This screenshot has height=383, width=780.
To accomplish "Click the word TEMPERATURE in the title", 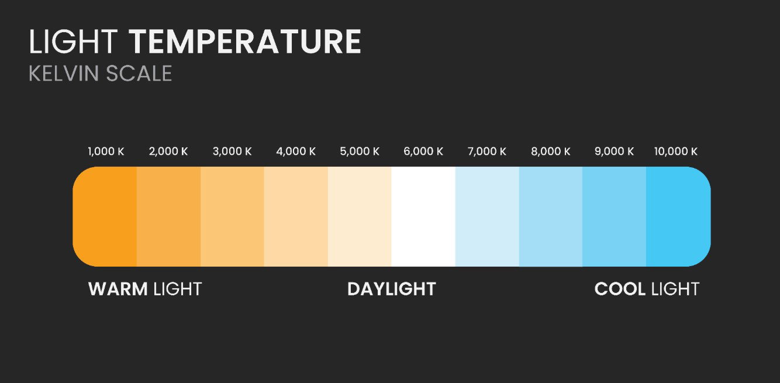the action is (245, 42).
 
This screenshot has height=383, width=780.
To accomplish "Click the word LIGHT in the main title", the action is (73, 42).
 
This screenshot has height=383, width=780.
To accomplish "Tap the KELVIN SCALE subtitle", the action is (101, 74).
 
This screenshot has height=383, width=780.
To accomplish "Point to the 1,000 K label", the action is (106, 151).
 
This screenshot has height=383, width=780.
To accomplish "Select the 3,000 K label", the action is (232, 151).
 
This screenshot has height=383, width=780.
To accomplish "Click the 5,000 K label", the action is (360, 151).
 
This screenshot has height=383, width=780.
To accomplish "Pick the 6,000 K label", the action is (423, 151).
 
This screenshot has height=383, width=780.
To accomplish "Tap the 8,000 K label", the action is (551, 151).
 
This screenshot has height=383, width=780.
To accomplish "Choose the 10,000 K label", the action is (676, 151).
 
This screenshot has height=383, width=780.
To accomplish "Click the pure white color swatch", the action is (423, 216).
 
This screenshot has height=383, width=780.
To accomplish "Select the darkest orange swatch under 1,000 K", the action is (105, 216).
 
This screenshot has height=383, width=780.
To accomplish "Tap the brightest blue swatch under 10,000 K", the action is (678, 216).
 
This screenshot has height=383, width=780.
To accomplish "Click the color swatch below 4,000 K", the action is (296, 216).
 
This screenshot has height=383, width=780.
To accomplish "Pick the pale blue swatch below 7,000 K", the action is (487, 216).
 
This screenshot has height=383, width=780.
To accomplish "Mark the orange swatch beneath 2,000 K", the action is (168, 216).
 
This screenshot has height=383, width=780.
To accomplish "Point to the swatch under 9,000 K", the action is (615, 216).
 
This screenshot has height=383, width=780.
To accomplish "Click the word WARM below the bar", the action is (118, 289).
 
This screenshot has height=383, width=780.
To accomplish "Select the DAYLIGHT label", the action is (392, 289).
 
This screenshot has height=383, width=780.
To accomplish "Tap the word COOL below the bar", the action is (620, 289).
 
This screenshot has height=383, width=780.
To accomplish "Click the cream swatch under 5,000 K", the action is (360, 216).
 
